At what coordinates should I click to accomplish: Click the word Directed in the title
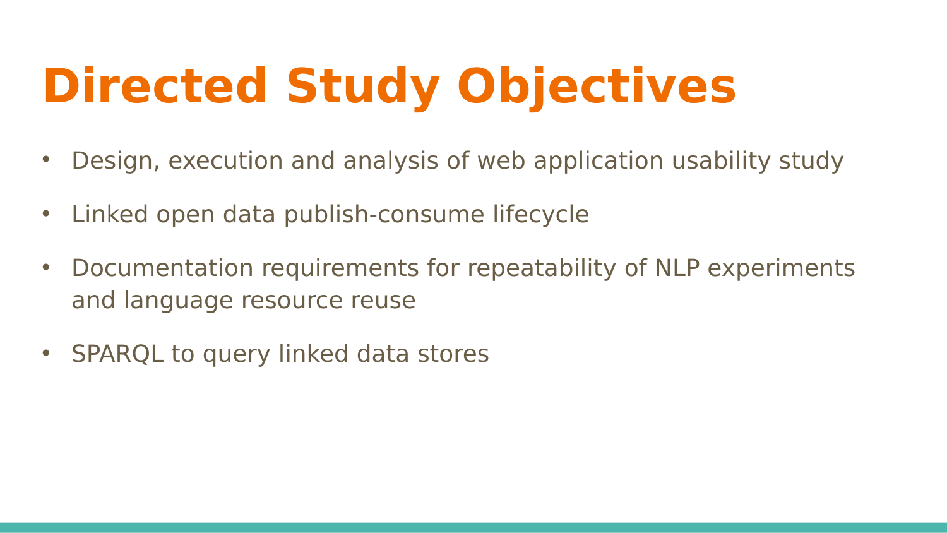[x=155, y=86]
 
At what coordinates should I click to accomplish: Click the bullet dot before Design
[x=46, y=160]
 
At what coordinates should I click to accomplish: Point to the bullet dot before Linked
[x=46, y=213]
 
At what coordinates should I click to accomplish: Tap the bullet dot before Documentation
[x=46, y=267]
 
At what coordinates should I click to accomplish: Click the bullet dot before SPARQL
[x=46, y=353]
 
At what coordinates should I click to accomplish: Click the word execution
[x=225, y=161]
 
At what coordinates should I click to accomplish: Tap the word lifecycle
[x=540, y=215]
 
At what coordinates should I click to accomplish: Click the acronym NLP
[x=677, y=268]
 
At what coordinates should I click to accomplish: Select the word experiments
[x=782, y=268]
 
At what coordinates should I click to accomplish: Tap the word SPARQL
[x=117, y=354]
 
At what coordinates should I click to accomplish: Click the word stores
[x=453, y=354]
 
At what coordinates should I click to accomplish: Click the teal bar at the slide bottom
[x=473, y=528]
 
